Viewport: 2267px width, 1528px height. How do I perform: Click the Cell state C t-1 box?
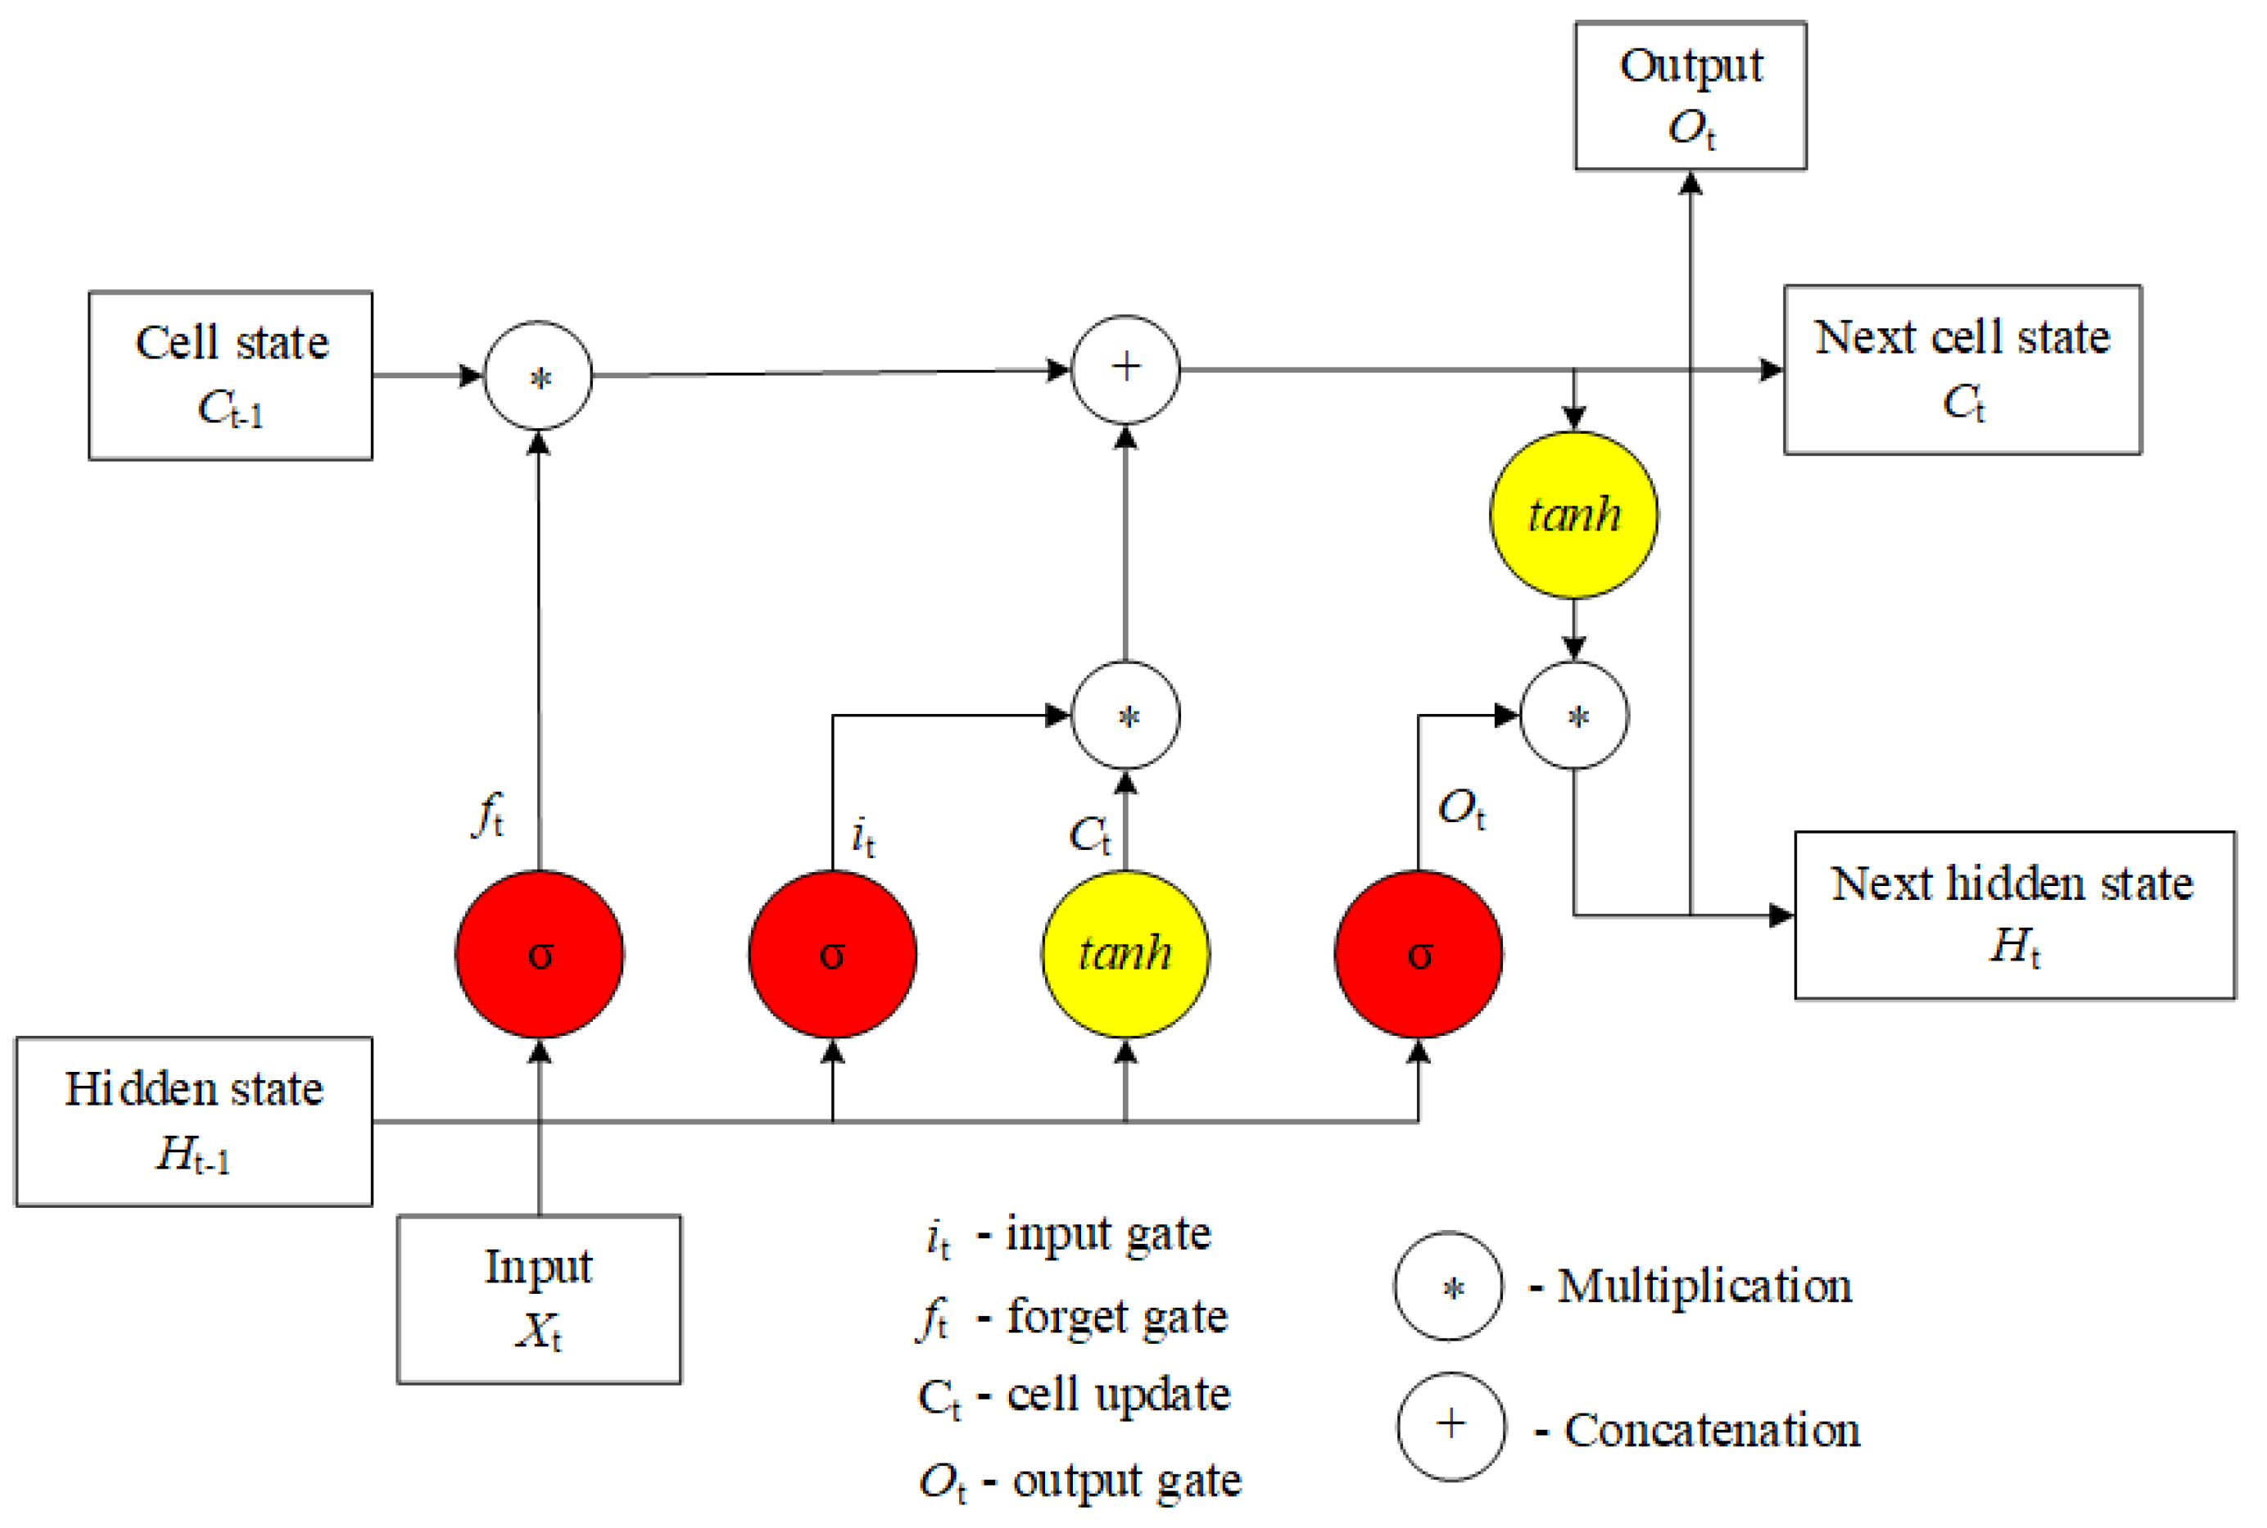(x=230, y=375)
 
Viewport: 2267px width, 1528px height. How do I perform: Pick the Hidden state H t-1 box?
(x=193, y=1122)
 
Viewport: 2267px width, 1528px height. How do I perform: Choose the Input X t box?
(x=538, y=1299)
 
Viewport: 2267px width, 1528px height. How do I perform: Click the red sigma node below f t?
(x=539, y=954)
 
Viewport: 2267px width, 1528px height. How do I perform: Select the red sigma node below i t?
(x=831, y=954)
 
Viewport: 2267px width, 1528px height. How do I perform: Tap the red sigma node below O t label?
(x=1418, y=954)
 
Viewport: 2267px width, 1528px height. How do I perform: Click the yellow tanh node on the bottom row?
(x=1124, y=954)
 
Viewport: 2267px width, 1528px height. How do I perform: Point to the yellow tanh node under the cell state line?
(x=1573, y=514)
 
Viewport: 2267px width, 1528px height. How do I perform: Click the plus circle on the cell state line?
(x=1124, y=369)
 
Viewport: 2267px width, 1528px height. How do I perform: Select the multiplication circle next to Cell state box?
(x=538, y=375)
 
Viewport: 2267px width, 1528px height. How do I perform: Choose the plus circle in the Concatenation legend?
(x=1450, y=1426)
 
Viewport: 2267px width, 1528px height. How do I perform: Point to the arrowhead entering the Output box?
(x=1690, y=183)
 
